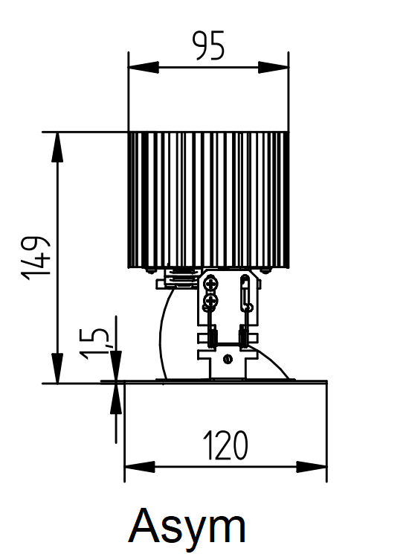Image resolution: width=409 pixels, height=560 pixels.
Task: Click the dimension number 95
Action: [x=208, y=46]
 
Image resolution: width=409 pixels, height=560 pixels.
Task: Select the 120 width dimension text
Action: [x=225, y=446]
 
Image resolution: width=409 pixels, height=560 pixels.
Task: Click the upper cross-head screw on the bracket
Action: [x=211, y=284]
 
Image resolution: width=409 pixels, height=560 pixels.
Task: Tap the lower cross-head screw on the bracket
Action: [x=211, y=301]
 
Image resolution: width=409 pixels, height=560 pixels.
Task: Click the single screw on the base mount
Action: [x=228, y=360]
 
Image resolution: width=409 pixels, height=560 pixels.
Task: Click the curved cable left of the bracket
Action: [x=161, y=335]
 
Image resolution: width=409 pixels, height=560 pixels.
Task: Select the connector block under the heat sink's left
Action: [x=173, y=280]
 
